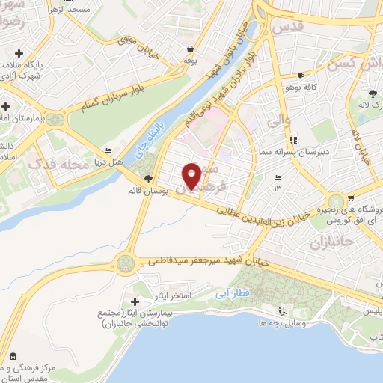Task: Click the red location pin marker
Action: (x=192, y=175)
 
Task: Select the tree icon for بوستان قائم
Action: (x=148, y=178)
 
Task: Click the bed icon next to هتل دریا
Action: (x=108, y=150)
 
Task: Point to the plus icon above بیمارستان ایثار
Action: (x=135, y=301)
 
